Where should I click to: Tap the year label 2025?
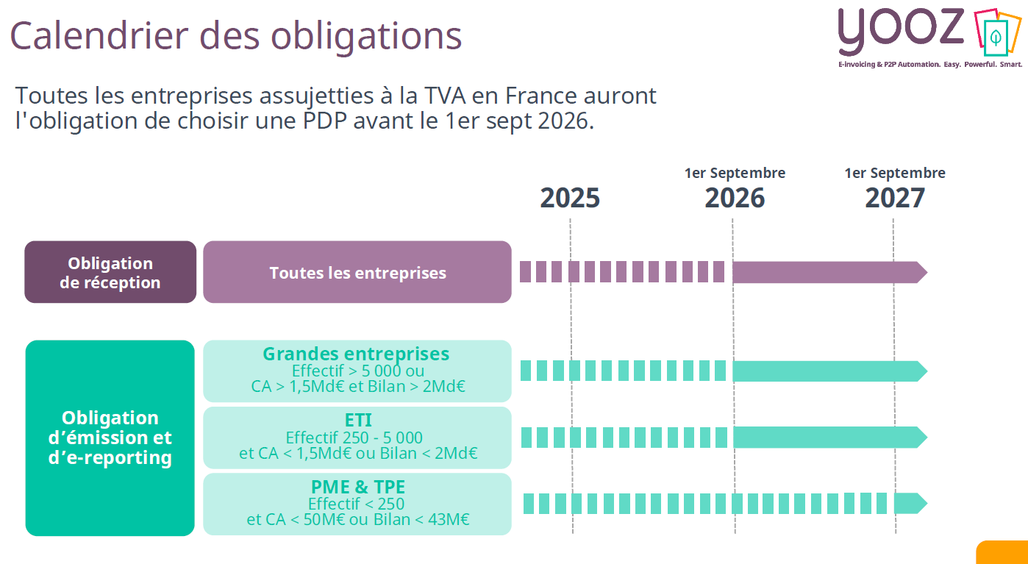point(570,199)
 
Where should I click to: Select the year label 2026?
point(735,199)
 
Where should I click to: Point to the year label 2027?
point(894,199)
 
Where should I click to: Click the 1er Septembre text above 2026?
point(735,174)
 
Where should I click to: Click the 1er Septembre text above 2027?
point(894,174)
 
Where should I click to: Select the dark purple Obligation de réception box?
point(110,272)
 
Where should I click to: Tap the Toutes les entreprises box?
point(357,272)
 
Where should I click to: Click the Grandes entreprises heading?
point(356,354)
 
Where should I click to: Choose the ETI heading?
point(358,421)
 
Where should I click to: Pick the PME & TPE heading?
point(358,487)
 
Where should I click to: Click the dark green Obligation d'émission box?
point(110,438)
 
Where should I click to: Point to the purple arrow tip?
point(921,272)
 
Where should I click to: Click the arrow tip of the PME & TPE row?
point(921,504)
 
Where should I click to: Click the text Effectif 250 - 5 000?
point(354,438)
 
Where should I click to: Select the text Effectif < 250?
point(356,504)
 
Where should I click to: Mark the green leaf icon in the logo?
point(996,36)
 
